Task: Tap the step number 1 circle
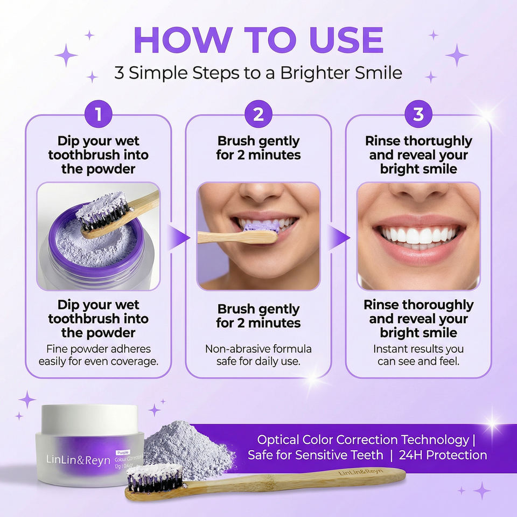(x=98, y=114)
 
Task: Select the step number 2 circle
(x=258, y=114)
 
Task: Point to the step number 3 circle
(x=418, y=114)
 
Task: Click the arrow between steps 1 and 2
(x=178, y=237)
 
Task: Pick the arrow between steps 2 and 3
(x=338, y=237)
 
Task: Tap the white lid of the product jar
(x=89, y=418)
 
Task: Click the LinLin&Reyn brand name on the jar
(x=78, y=459)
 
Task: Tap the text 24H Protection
(x=443, y=455)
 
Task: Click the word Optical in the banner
(x=278, y=440)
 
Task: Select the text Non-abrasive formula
(x=258, y=349)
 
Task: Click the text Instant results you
(x=418, y=349)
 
